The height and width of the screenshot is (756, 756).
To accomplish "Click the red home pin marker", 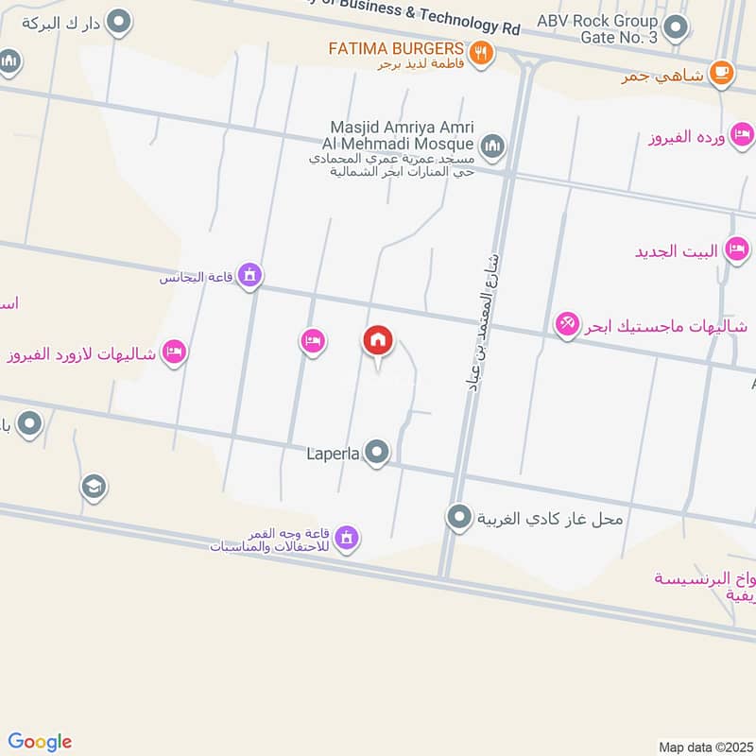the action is [378, 340].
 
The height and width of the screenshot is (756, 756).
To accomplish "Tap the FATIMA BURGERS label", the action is [396, 48].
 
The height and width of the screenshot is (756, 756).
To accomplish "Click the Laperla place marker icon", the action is [378, 453].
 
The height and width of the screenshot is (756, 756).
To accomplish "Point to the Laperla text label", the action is [333, 454].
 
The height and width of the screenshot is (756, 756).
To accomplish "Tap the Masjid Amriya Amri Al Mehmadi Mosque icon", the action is [491, 146].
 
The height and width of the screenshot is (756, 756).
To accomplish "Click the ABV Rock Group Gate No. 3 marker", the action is [676, 27].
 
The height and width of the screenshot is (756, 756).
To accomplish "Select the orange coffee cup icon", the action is [721, 72].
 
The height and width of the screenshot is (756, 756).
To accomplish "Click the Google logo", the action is [40, 742].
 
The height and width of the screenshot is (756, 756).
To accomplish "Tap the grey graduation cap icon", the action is [93, 487].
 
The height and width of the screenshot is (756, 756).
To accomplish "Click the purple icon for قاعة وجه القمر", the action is [347, 537].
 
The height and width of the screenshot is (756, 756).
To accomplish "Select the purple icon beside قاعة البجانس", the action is [249, 275].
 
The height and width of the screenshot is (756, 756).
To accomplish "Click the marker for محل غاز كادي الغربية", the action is [459, 517].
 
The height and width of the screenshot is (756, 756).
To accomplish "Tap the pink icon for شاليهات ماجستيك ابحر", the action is [567, 325].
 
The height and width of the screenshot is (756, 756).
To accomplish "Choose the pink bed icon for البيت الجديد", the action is [734, 250].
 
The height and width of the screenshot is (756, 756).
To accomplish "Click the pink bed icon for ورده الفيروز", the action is [742, 137].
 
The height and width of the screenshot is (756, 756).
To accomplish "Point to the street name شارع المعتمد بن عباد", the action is [481, 320].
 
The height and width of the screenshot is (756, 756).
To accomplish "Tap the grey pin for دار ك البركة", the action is [118, 21].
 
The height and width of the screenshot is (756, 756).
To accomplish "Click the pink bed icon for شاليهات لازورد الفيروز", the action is [174, 352].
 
